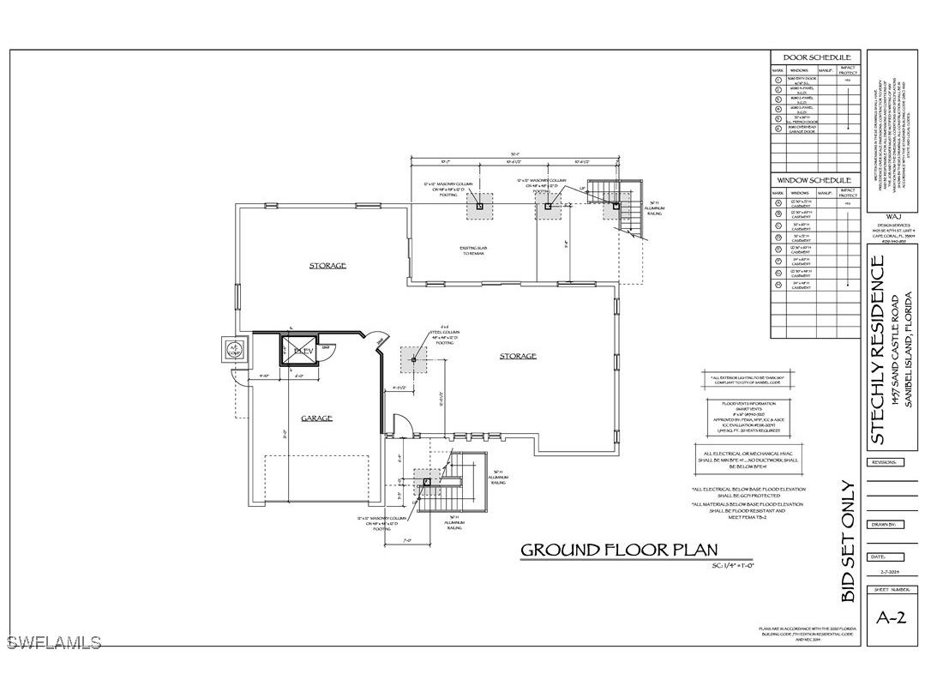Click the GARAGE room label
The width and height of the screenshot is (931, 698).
[x=316, y=418]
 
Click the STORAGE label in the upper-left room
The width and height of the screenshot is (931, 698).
[x=327, y=266]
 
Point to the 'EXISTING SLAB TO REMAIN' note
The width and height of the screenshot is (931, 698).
[x=473, y=251]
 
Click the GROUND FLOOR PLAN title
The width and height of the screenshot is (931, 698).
[x=620, y=550]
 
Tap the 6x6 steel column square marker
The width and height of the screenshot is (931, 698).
[x=413, y=360]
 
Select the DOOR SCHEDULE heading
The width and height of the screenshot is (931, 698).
[x=815, y=57]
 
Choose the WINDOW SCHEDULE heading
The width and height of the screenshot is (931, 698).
[x=815, y=182]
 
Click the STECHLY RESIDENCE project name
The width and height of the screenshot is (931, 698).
[x=878, y=352]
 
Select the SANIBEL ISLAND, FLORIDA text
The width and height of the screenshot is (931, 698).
[x=909, y=352]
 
